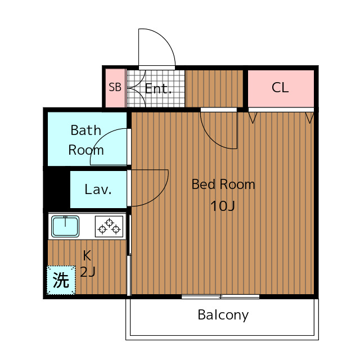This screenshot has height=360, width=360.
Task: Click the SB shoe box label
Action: click(x=115, y=87)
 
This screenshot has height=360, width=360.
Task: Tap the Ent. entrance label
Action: click(x=158, y=89)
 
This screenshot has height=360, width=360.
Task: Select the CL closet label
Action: click(x=280, y=88)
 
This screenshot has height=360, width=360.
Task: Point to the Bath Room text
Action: click(x=86, y=140)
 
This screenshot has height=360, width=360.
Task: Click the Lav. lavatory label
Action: click(x=98, y=190)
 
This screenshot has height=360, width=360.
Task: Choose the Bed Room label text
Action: click(x=223, y=184)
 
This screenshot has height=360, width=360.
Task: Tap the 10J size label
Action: click(x=223, y=206)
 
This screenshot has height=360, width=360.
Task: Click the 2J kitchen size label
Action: click(x=88, y=272)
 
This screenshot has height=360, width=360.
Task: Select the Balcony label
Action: click(x=223, y=315)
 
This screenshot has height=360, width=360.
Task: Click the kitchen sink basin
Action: click(x=65, y=226)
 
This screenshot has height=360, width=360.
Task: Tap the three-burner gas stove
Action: click(x=109, y=227)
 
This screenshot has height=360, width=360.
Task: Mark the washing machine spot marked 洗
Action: click(x=61, y=280)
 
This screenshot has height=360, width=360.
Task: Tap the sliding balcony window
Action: click(x=220, y=296)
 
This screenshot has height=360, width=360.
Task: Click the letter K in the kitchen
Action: click(x=87, y=255)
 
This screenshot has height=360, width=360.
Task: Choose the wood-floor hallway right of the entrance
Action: click(x=214, y=89)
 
